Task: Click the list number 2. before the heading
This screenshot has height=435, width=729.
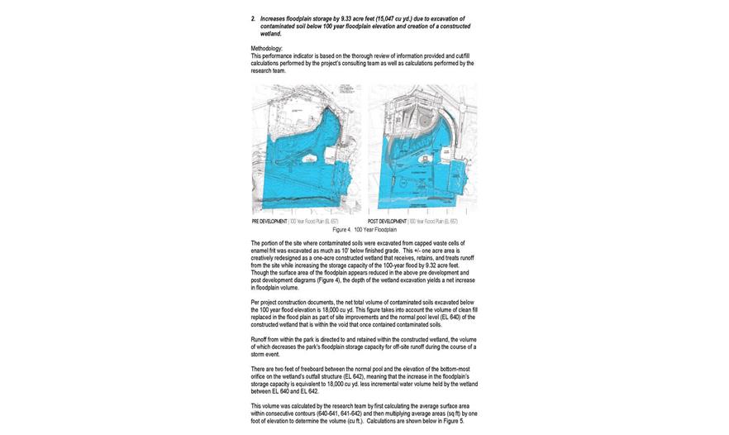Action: click(x=253, y=18)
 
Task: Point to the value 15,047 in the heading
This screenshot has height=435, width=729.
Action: click(x=384, y=18)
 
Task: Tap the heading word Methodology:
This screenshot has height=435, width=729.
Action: click(x=266, y=49)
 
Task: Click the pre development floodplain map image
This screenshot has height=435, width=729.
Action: click(x=306, y=149)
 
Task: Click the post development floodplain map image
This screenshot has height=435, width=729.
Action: click(x=422, y=149)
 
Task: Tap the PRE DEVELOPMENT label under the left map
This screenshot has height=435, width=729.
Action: click(x=269, y=222)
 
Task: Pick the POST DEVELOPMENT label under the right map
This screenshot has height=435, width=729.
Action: click(x=387, y=222)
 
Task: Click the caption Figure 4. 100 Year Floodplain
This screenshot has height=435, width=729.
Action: click(x=364, y=230)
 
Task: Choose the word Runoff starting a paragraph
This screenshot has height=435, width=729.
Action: click(x=259, y=340)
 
